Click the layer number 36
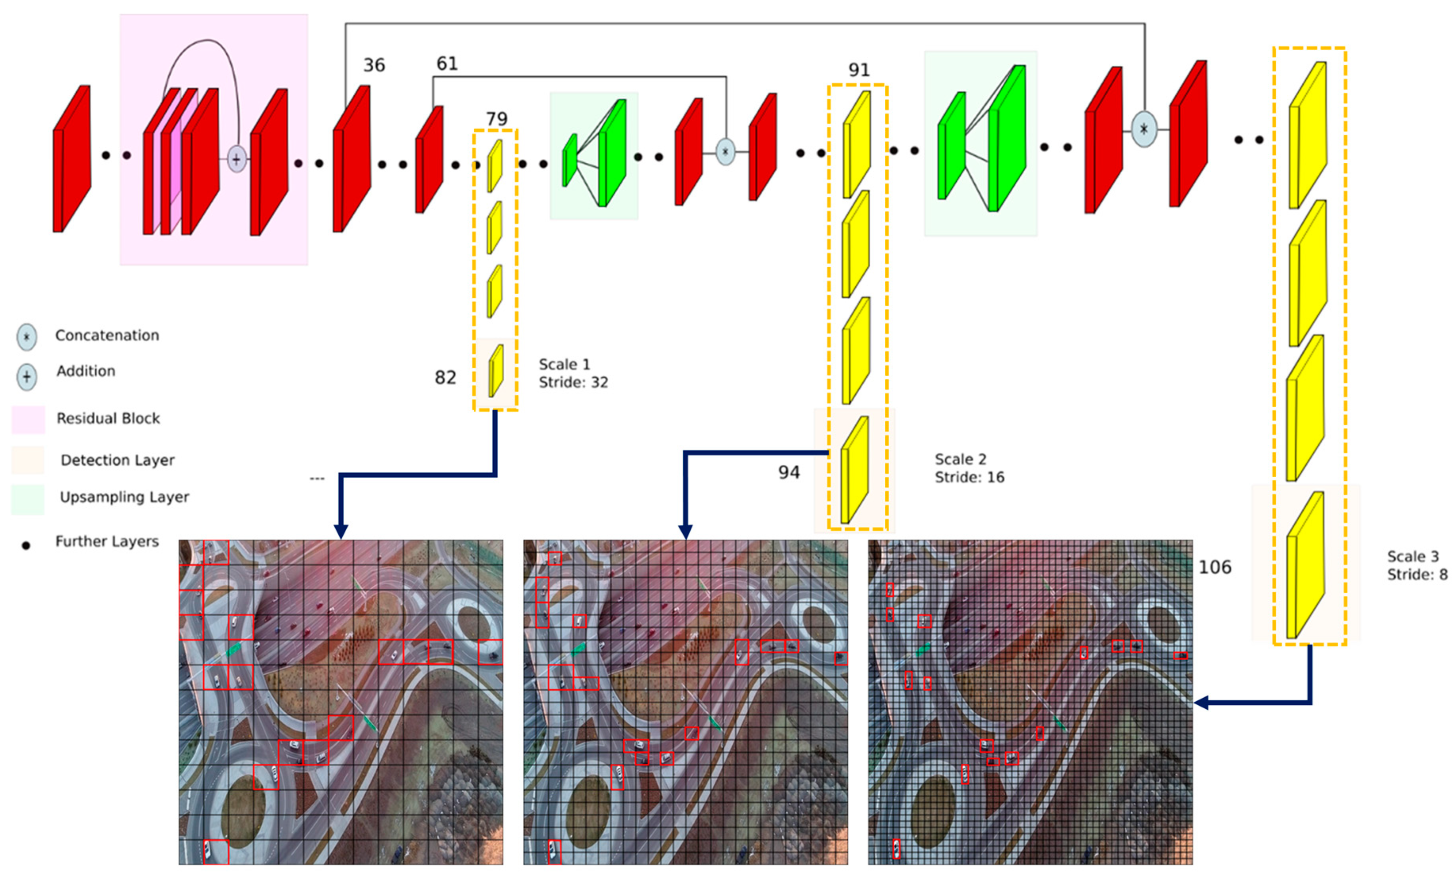pyautogui.click(x=374, y=65)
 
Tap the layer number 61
pyautogui.click(x=447, y=63)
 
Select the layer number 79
pyautogui.click(x=497, y=119)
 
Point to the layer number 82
pyautogui.click(x=445, y=377)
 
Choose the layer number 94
pyautogui.click(x=789, y=472)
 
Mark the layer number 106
pyautogui.click(x=1215, y=567)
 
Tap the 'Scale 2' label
pyautogui.click(x=960, y=459)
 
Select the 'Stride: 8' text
pyautogui.click(x=1416, y=575)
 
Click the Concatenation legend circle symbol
pyautogui.click(x=26, y=337)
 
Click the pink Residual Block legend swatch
pyautogui.click(x=28, y=419)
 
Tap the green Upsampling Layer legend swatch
pyautogui.click(x=28, y=499)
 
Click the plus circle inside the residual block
pyautogui.click(x=236, y=159)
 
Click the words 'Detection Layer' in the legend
pyautogui.click(x=117, y=460)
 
